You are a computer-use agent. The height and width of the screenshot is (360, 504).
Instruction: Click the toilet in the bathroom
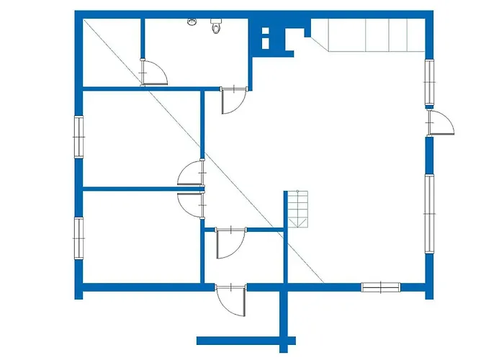pos(215,27)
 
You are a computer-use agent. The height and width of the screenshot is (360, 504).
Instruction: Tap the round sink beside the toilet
pos(192,22)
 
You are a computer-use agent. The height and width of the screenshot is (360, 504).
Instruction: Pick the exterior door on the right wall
pos(440,123)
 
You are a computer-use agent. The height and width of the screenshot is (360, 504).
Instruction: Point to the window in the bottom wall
pos(379,287)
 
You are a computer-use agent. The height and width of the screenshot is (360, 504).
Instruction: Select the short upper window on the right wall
pos(429,82)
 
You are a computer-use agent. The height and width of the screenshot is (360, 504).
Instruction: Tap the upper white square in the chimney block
pos(265,32)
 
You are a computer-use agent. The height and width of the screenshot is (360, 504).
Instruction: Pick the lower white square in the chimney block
pos(265,43)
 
